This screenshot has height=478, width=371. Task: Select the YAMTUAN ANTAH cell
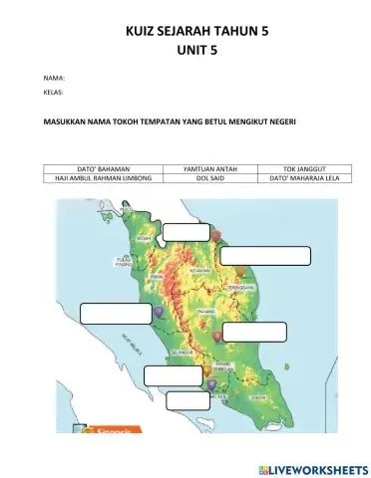[x=210, y=169]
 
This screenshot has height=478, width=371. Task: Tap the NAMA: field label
[x=55, y=77]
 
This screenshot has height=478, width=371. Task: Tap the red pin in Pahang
[x=217, y=337]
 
